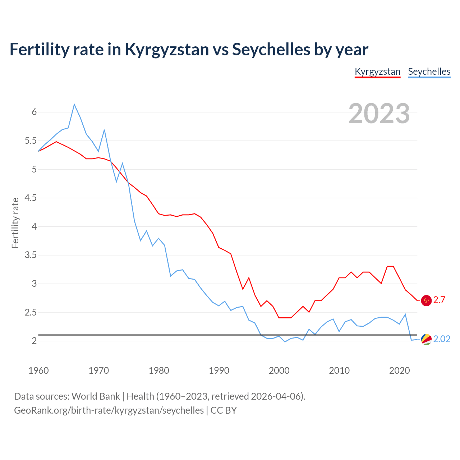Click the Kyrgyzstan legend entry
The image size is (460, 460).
coord(377,72)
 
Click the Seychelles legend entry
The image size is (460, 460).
coord(429,72)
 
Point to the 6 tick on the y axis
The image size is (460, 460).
coord(34,112)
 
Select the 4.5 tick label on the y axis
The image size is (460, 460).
coord(31,198)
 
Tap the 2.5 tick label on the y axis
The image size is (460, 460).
coord(31,313)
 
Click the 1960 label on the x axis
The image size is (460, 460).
coord(38,371)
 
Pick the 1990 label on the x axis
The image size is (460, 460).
coord(219,371)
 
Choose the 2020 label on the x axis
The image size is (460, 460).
coord(399,371)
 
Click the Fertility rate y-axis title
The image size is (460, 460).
coord(15,223)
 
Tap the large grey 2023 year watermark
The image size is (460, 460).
coord(379,114)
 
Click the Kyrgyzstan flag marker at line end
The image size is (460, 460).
coord(426,300)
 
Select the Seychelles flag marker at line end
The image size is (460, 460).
coord(426,339)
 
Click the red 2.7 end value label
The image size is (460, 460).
coord(439,300)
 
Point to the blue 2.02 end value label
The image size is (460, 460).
coord(442,339)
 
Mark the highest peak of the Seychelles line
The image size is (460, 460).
coord(74,105)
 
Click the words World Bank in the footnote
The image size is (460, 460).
coord(96,396)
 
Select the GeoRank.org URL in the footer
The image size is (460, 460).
coord(109,410)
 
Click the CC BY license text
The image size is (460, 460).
coord(224,410)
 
